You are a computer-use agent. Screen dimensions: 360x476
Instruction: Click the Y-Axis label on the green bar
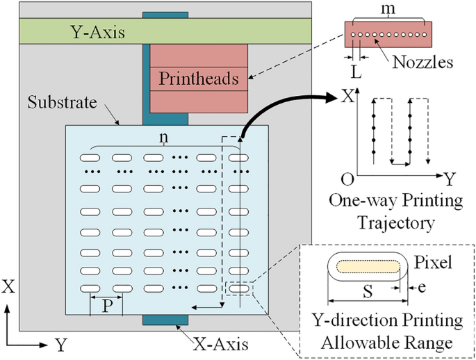pyautogui.click(x=97, y=31)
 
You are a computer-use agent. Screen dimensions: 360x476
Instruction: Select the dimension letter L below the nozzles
pyautogui.click(x=356, y=72)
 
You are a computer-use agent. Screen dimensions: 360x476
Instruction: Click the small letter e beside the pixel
pyautogui.click(x=422, y=285)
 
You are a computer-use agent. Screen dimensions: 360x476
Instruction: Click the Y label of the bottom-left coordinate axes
pyautogui.click(x=61, y=343)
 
